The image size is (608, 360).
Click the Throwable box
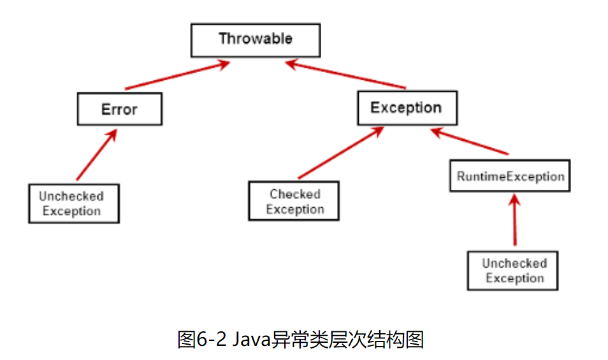pyautogui.click(x=256, y=39)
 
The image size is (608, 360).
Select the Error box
pyautogui.click(x=119, y=109)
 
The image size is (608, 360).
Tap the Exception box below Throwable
pyautogui.click(x=406, y=107)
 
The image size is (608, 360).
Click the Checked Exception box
pyautogui.click(x=294, y=202)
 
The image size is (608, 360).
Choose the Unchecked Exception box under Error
pyautogui.click(x=73, y=204)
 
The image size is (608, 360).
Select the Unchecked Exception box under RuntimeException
pyautogui.click(x=514, y=271)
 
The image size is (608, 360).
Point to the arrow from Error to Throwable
pyautogui.click(x=175, y=75)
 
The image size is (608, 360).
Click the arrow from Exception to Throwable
pyautogui.click(x=347, y=75)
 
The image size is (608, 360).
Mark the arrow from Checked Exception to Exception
pyautogui.click(x=341, y=153)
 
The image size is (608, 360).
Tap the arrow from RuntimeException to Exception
pyautogui.click(x=470, y=142)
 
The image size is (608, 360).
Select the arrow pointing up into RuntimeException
pyautogui.click(x=514, y=220)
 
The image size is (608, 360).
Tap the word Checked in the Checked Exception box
pyautogui.click(x=294, y=194)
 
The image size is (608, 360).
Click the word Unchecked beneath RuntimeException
pyautogui.click(x=514, y=263)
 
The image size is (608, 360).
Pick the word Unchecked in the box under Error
pyautogui.click(x=71, y=196)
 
